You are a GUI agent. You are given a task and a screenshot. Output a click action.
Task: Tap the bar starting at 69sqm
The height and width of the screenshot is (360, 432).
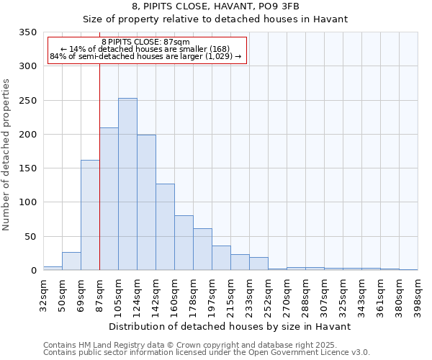(x=90, y=215)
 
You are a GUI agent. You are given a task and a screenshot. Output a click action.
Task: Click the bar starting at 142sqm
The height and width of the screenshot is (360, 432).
(x=165, y=227)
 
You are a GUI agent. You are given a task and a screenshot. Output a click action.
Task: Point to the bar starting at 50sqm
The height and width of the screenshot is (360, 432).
(x=71, y=261)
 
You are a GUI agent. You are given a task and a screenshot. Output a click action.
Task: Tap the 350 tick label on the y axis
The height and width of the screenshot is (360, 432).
(x=28, y=32)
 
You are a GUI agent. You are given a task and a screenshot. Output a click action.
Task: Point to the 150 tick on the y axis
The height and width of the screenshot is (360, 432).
(x=28, y=168)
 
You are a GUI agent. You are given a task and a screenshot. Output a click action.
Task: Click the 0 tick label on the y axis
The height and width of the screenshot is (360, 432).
(x=33, y=271)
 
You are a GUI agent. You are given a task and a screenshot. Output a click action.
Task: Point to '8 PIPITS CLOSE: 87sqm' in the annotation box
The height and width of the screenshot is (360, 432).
(x=146, y=42)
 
